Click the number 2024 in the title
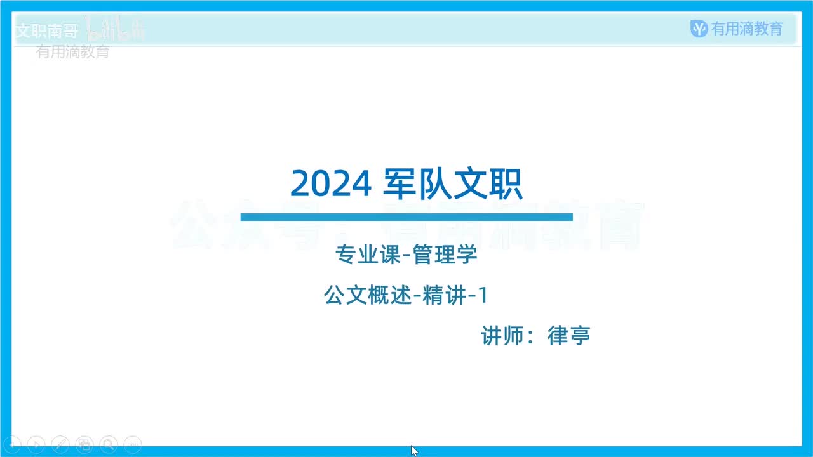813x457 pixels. click(330, 185)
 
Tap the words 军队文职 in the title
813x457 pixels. click(452, 185)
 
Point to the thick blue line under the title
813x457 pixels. click(406, 217)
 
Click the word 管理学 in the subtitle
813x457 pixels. click(445, 256)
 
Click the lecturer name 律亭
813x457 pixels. click(569, 336)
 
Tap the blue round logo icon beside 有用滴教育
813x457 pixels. click(699, 29)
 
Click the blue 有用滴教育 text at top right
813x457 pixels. click(747, 29)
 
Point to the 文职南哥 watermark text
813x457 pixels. click(46, 31)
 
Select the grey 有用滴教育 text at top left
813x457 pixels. click(72, 52)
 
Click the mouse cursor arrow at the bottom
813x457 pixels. click(414, 450)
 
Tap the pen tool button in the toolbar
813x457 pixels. click(60, 444)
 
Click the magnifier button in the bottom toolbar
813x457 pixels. click(109, 444)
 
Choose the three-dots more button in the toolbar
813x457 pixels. click(132, 444)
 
